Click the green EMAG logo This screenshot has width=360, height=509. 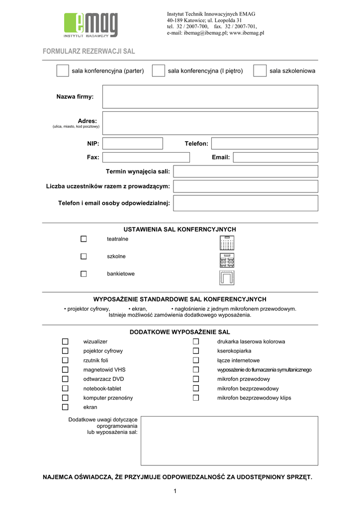[x=91, y=25]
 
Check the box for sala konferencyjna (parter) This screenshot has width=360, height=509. [x=63, y=71]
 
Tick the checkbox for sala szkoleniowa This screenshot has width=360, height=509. [x=260, y=71]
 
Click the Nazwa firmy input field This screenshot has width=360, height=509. [x=210, y=96]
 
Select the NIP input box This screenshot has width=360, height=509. [x=133, y=144]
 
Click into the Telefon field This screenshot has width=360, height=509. [x=265, y=144]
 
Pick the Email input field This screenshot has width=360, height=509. [x=275, y=158]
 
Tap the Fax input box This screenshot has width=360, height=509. [x=146, y=158]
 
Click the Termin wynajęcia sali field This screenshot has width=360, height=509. [x=246, y=171]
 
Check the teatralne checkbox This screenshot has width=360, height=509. [x=84, y=239]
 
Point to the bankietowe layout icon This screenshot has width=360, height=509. [x=227, y=277]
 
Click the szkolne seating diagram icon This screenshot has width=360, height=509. [x=227, y=260]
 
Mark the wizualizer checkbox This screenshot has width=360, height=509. [x=65, y=341]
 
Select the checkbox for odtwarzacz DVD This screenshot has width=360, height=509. [x=65, y=379]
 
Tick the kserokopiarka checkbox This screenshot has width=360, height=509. [x=196, y=351]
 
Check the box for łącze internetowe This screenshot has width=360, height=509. [x=196, y=360]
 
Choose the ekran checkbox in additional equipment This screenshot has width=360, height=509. [x=65, y=407]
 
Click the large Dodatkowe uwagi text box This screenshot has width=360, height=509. [x=229, y=441]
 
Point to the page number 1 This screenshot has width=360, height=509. [x=176, y=492]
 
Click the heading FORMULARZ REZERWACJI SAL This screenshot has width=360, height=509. [x=89, y=51]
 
